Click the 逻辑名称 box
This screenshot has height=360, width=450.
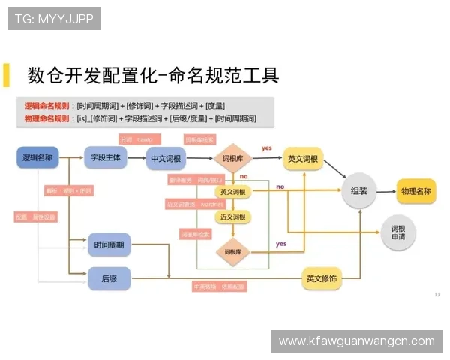[x=37, y=157]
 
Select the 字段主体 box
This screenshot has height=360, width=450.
[x=105, y=157]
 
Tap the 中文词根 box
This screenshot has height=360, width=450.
[x=166, y=158]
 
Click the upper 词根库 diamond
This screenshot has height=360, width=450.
[x=232, y=158]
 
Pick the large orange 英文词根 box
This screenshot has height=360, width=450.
[x=303, y=158]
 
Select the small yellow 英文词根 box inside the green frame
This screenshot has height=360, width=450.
[x=232, y=193]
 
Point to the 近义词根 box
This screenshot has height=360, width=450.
[x=232, y=217]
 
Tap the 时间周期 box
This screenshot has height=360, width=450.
[x=109, y=244]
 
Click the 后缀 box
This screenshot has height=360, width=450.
[x=109, y=278]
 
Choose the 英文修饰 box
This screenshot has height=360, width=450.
[x=321, y=278]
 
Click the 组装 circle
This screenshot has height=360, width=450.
[x=358, y=191]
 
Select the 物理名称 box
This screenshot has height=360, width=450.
[x=415, y=191]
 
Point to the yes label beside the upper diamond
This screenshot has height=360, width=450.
[x=266, y=148]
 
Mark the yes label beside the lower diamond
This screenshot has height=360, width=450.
[x=280, y=244]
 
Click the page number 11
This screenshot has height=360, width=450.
[x=437, y=294]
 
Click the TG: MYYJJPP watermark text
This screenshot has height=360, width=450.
[x=54, y=19]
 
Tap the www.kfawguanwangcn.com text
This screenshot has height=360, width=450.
[x=356, y=341]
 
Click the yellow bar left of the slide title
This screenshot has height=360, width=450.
[x=7, y=75]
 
